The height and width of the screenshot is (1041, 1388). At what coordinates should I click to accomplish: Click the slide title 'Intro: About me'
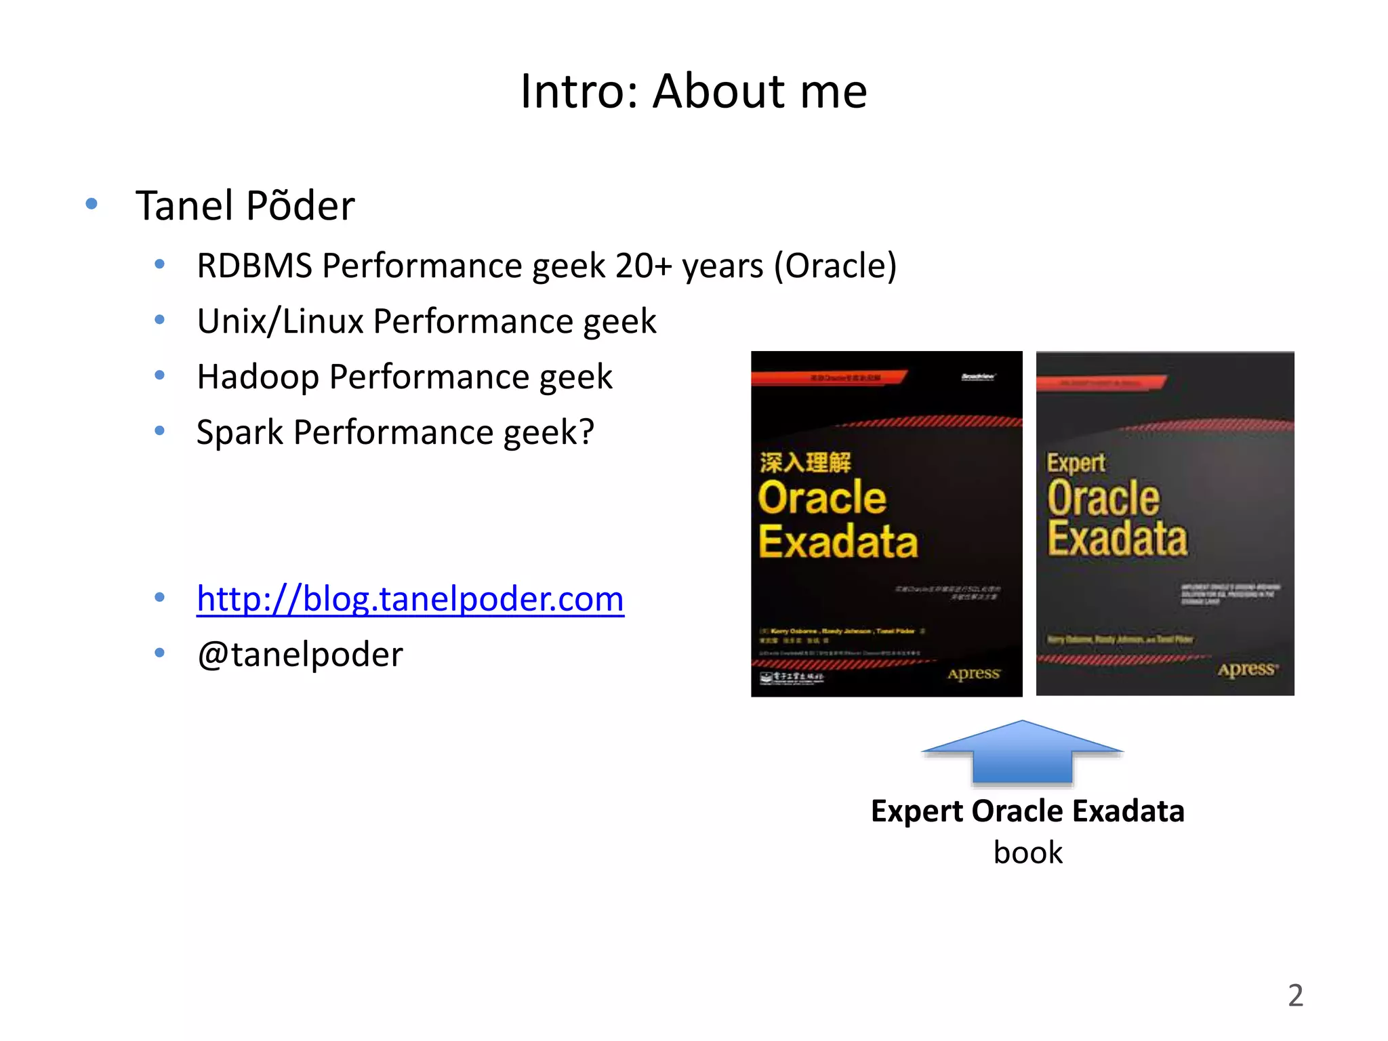[693, 91]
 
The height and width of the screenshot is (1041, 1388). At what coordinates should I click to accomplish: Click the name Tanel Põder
[245, 206]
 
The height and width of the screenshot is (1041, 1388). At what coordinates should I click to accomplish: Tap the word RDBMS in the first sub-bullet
[254, 266]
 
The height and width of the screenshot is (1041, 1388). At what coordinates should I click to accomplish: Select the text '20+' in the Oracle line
[643, 266]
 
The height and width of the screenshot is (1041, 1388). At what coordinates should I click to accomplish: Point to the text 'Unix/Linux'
[281, 321]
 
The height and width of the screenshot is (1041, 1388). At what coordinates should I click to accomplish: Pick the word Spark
[240, 433]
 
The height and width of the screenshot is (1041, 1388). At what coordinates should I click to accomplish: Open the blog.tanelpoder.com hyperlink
[410, 599]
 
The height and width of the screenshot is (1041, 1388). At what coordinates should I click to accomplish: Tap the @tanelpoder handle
[300, 655]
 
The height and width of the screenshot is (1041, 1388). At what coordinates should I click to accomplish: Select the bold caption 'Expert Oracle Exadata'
[1027, 811]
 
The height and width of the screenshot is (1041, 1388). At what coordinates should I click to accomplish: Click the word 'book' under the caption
[1027, 853]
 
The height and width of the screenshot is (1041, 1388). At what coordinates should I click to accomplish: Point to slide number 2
[1295, 996]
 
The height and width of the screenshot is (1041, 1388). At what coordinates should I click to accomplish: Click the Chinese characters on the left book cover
[804, 463]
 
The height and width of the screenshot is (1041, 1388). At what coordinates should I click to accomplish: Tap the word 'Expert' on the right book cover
[1076, 464]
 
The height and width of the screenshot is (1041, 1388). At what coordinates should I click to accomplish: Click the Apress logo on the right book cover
[1247, 670]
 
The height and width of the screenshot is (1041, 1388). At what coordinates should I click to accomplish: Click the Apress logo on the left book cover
[973, 674]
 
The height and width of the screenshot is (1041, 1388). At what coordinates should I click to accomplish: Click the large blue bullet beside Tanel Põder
[91, 203]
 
